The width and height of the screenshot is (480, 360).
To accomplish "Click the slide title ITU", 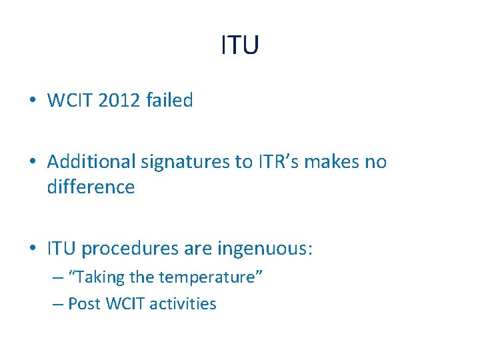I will click(x=239, y=45).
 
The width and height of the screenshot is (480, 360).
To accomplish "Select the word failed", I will click(x=169, y=101).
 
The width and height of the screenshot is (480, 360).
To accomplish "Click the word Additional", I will click(x=90, y=162).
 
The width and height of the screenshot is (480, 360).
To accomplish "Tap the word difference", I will click(x=91, y=187).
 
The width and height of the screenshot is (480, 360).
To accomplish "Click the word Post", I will click(x=84, y=304).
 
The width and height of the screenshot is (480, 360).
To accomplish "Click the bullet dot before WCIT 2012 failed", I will click(x=33, y=101).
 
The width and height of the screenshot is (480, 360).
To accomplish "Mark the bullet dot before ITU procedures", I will click(x=33, y=249).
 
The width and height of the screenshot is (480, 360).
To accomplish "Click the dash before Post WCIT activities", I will click(x=57, y=305).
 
